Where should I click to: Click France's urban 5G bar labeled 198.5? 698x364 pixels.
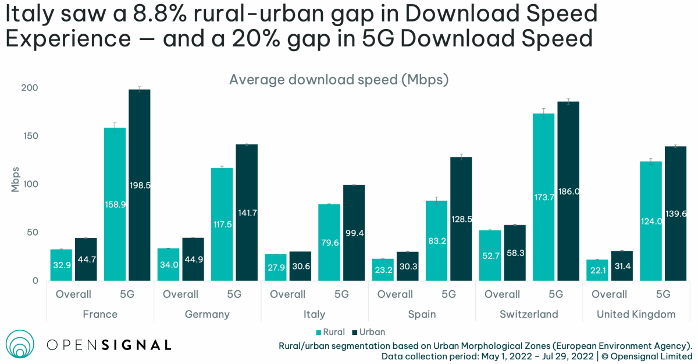[x=140, y=186]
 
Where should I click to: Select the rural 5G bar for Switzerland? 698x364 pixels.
[x=543, y=197]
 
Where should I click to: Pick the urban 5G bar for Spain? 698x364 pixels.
[x=461, y=219]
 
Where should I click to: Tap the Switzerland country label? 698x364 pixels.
[x=529, y=314]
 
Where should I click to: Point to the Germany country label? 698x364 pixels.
[x=207, y=314]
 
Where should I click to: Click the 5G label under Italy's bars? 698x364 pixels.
[x=341, y=294]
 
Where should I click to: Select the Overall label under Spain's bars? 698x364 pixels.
[x=395, y=294]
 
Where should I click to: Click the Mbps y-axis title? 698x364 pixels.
[x=16, y=179]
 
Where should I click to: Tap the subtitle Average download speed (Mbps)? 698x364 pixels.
[x=339, y=80]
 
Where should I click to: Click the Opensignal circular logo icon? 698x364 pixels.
[x=21, y=344]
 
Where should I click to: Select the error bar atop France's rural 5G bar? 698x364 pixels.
[x=115, y=127]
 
